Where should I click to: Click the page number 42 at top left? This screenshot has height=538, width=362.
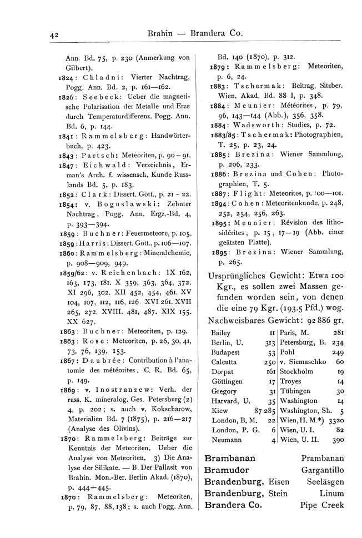(54, 34)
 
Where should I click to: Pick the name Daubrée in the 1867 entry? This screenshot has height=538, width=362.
(107, 343)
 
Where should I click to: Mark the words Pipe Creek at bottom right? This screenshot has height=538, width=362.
(322, 505)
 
